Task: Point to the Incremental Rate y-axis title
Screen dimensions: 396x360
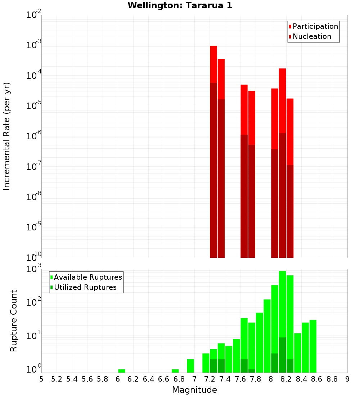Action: [x=7, y=136]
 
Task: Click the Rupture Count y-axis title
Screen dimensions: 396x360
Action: [x=14, y=321]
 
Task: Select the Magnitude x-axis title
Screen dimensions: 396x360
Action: [x=194, y=390]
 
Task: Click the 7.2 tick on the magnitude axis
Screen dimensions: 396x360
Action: [x=210, y=379]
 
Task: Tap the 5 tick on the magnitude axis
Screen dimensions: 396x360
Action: [x=41, y=379]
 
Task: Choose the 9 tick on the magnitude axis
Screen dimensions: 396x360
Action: [x=347, y=379]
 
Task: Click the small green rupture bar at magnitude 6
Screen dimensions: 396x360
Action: [x=122, y=371]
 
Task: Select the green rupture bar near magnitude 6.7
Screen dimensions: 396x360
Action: [x=175, y=371]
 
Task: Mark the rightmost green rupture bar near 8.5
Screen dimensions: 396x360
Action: [x=313, y=346]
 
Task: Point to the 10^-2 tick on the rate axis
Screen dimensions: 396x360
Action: [x=34, y=15]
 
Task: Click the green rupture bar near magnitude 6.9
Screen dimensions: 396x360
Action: [x=190, y=366]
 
